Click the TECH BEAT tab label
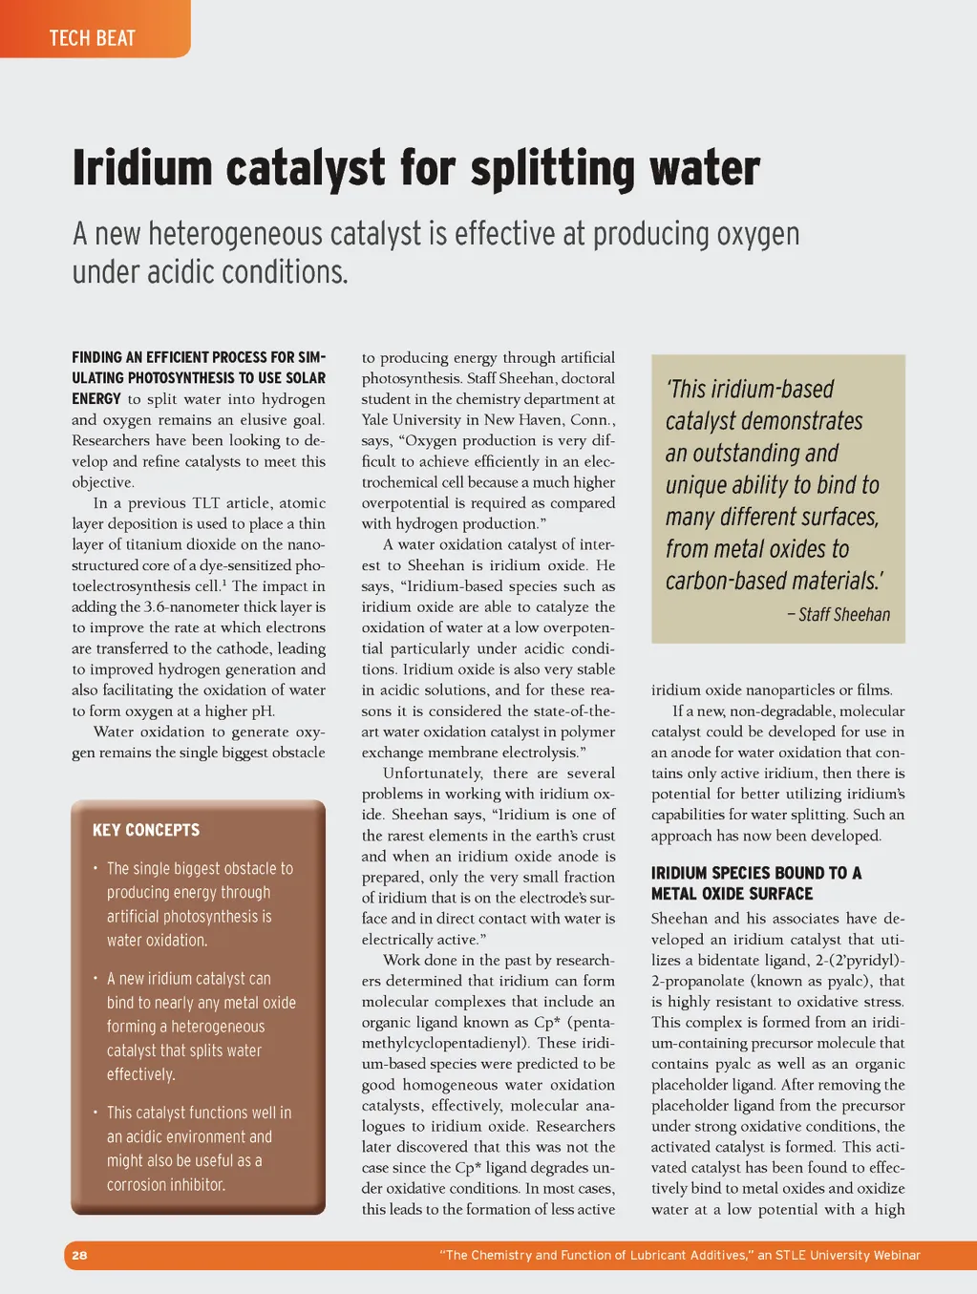tap(93, 38)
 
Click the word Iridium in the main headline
tap(142, 169)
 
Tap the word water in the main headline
tap(705, 169)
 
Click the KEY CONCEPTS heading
tap(146, 830)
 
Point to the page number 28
tap(79, 1255)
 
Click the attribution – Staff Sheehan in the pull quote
tap(839, 615)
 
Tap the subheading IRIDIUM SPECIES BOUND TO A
tap(755, 873)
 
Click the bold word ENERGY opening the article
tap(96, 399)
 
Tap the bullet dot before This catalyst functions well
tap(96, 1113)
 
